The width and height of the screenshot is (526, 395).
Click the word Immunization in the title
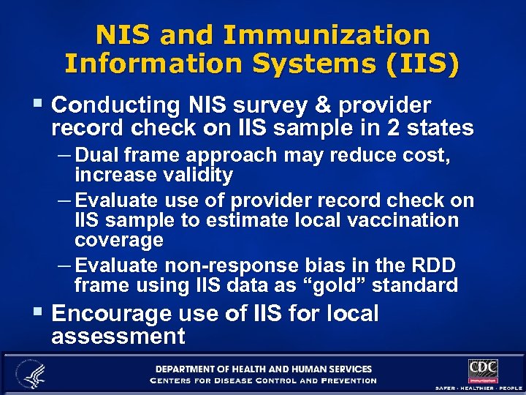pos(327,35)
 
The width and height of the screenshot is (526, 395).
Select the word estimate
pos(244,220)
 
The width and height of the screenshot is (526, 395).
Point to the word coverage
pos(118,240)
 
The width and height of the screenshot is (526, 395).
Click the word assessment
pos(118,336)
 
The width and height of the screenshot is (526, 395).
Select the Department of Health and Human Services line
pos(263,369)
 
